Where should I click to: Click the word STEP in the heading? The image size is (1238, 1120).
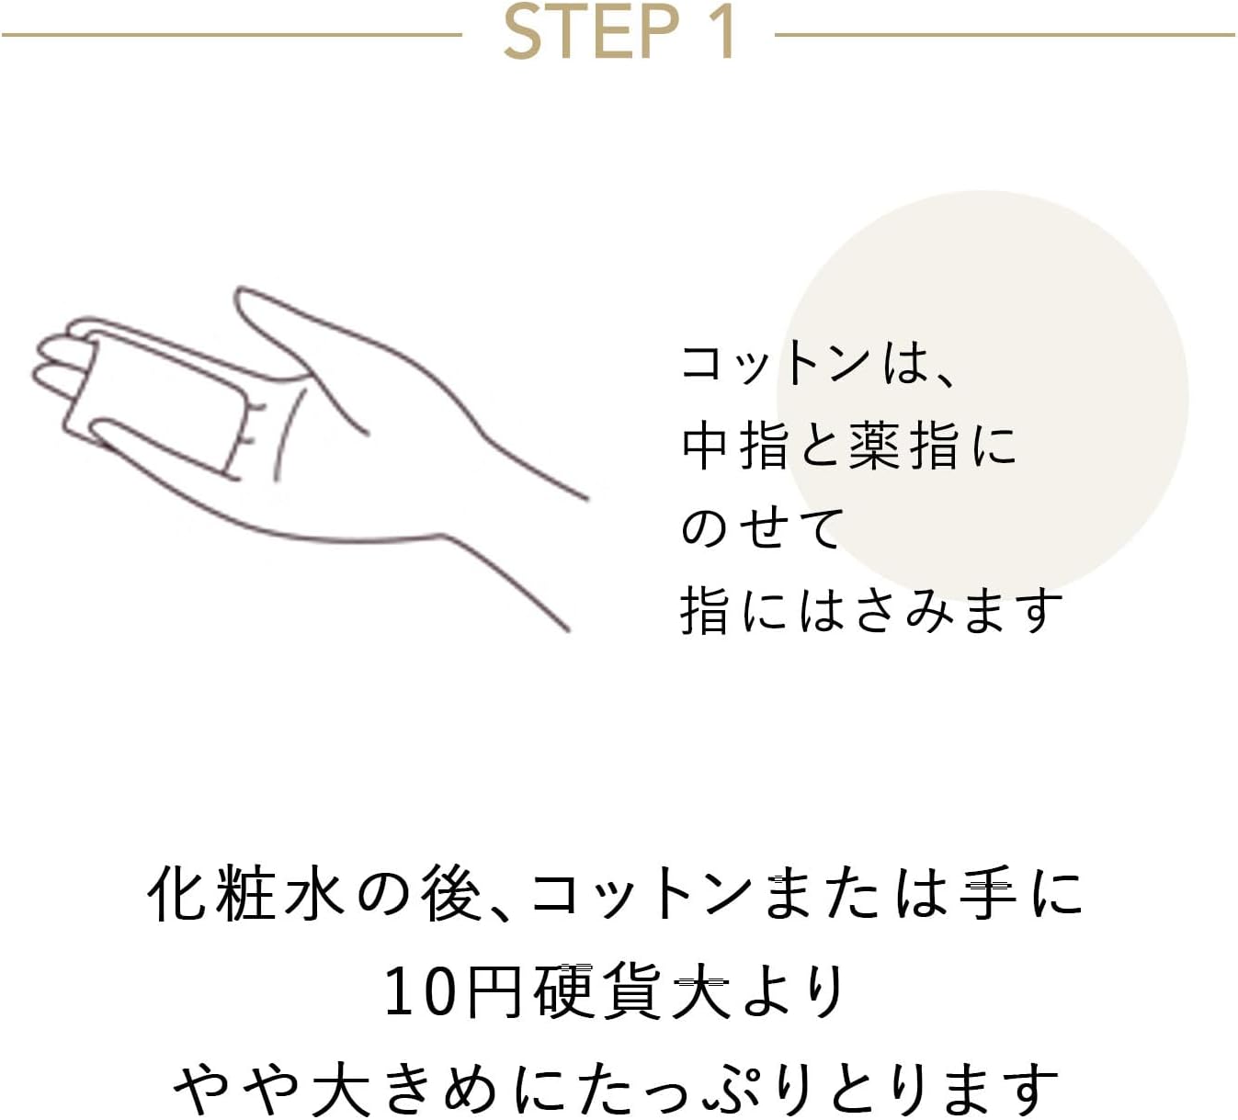click(x=592, y=32)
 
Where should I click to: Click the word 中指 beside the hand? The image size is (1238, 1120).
click(x=735, y=447)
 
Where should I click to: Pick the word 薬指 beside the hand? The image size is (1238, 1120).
click(x=904, y=447)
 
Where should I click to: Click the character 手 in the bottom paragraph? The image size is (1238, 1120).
click(x=986, y=894)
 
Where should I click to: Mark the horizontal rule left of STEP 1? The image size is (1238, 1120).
click(x=232, y=35)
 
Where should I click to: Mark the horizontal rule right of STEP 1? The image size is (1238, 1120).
click(x=1005, y=35)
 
